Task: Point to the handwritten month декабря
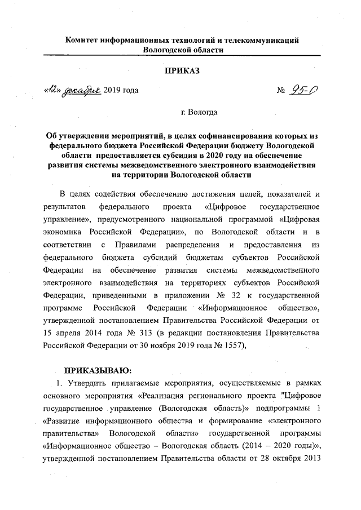[82, 90]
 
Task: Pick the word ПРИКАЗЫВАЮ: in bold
[96, 370]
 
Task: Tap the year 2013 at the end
[312, 458]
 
